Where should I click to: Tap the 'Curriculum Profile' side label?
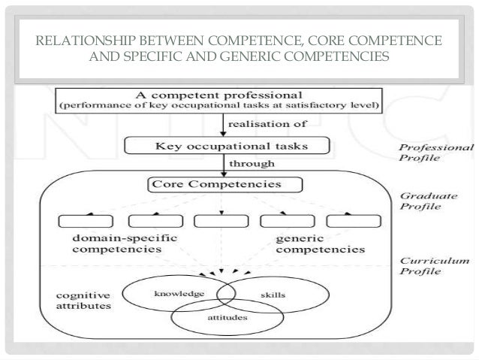434,266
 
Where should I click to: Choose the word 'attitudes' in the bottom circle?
223,319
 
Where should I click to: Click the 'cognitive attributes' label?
84,300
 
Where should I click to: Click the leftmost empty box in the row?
81,222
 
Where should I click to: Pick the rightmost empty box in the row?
346,222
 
